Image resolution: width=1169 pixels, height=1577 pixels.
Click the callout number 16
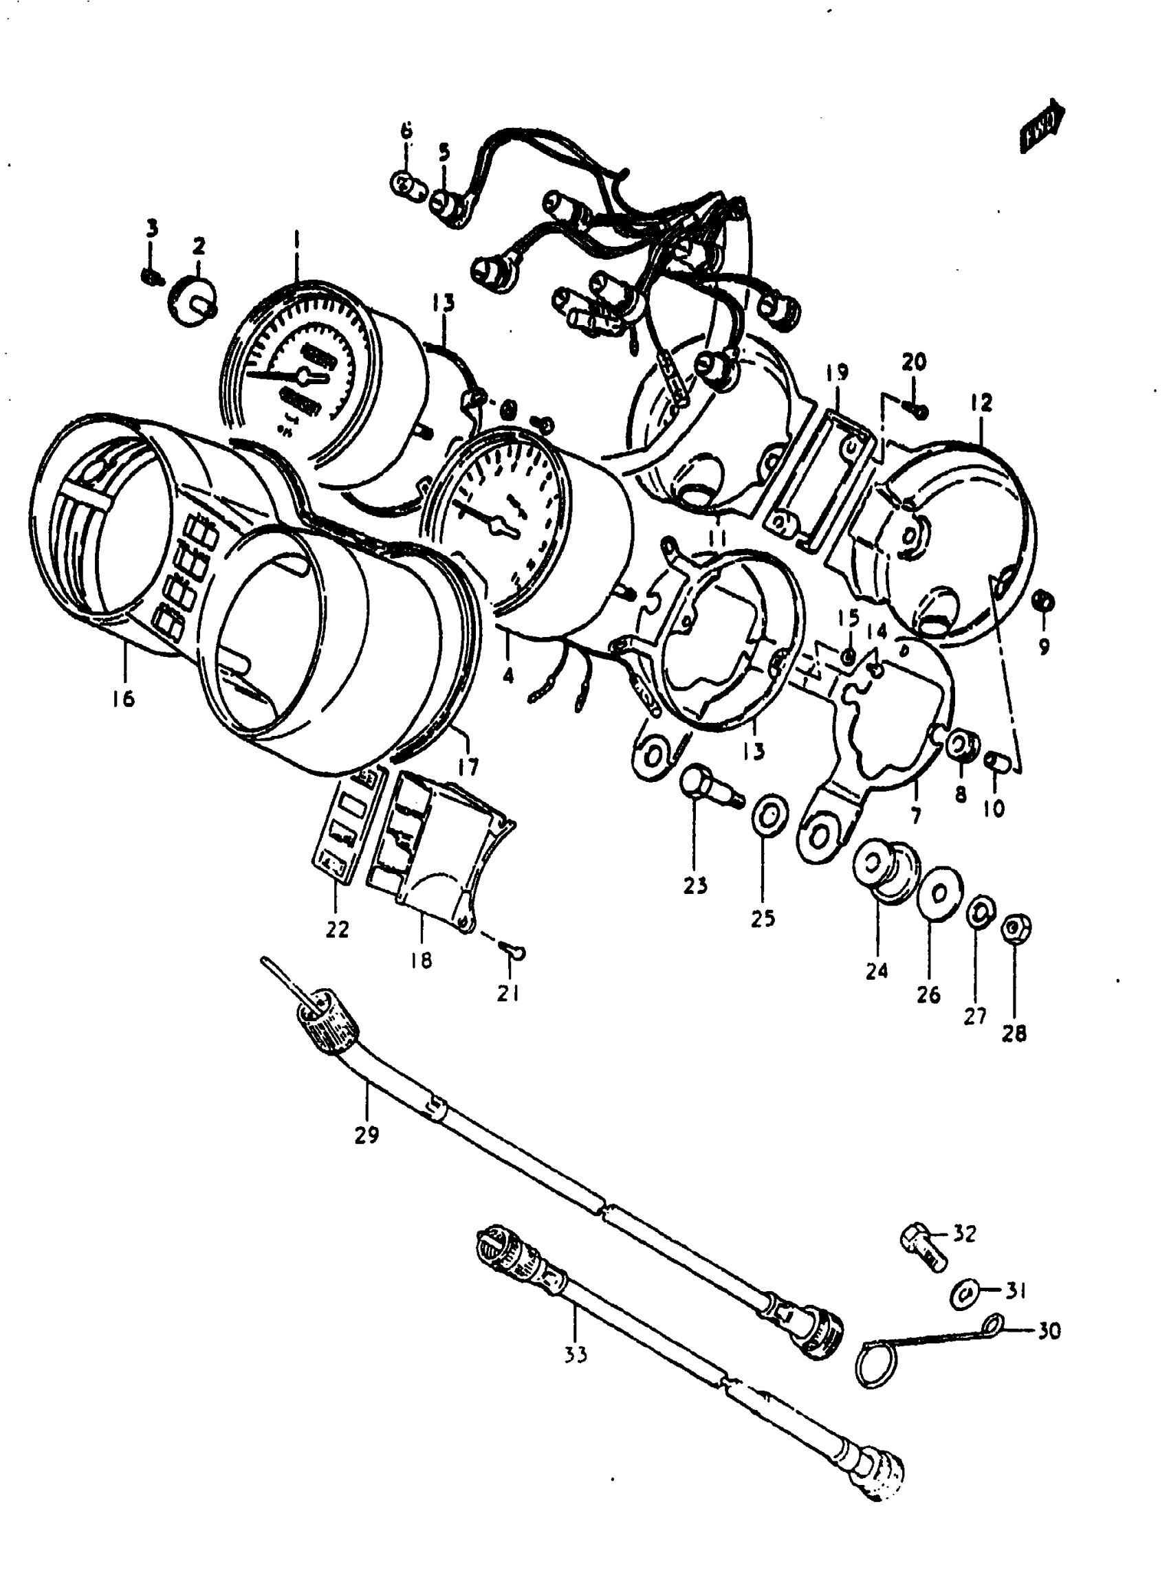122,699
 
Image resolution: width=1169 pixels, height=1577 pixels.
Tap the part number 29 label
367,1135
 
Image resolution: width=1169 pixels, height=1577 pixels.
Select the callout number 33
576,1355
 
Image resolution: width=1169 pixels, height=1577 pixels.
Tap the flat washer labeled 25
768,816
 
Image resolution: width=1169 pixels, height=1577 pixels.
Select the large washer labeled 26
937,895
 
